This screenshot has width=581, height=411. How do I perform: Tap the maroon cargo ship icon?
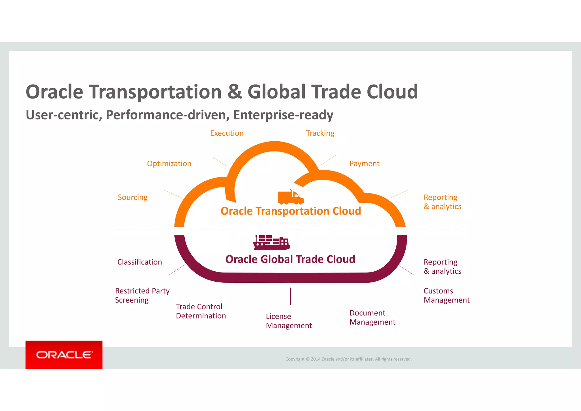pyautogui.click(x=271, y=243)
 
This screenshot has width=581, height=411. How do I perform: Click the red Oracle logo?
pyautogui.click(x=64, y=355)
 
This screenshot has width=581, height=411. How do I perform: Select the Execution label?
pyautogui.click(x=227, y=133)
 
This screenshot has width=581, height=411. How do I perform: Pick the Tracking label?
pyautogui.click(x=320, y=133)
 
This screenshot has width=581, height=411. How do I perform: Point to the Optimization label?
pyautogui.click(x=169, y=163)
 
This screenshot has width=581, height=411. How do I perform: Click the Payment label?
pyautogui.click(x=364, y=163)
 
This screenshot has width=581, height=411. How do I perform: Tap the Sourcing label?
pyautogui.click(x=132, y=197)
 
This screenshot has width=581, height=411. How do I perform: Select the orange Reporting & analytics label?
pyautogui.click(x=442, y=202)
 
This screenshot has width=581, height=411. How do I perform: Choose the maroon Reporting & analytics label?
pyautogui.click(x=442, y=267)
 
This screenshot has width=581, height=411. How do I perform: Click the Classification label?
pyautogui.click(x=140, y=262)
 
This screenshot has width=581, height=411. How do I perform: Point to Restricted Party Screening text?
pyautogui.click(x=142, y=295)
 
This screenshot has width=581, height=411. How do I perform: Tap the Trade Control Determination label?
pyautogui.click(x=201, y=311)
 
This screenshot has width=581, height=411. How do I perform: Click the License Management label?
pyautogui.click(x=289, y=321)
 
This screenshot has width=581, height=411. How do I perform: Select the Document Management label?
pyautogui.click(x=372, y=317)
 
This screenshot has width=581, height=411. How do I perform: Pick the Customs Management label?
pyautogui.click(x=446, y=295)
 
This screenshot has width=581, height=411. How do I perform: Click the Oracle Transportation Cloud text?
pyautogui.click(x=290, y=211)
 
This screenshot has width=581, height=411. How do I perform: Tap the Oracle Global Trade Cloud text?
pyautogui.click(x=290, y=259)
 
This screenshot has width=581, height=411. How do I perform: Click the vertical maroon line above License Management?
pyautogui.click(x=290, y=296)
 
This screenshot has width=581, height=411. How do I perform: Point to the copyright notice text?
pyautogui.click(x=348, y=359)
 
